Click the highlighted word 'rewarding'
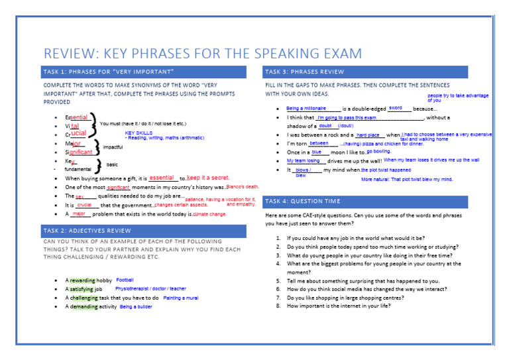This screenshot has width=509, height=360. tap(83, 280)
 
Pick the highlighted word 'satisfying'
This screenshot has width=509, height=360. tap(81, 290)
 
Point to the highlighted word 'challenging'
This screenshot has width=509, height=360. tap(85, 298)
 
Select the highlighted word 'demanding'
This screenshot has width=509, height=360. tap(84, 307)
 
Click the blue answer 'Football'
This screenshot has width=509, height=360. tap(125, 280)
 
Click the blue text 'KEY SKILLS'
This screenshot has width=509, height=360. tap(139, 133)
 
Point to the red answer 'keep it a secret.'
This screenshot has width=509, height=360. tap(208, 178)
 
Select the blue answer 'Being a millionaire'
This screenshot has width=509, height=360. tap(306, 108)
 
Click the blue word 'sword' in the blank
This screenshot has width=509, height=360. tap(396, 107)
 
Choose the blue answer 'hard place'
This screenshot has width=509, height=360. tap(368, 135)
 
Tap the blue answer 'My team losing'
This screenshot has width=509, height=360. tap(304, 160)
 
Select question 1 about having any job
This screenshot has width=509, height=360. tap(355, 237)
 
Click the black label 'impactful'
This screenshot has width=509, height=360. tap(113, 147)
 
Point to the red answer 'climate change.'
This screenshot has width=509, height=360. tap(210, 214)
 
